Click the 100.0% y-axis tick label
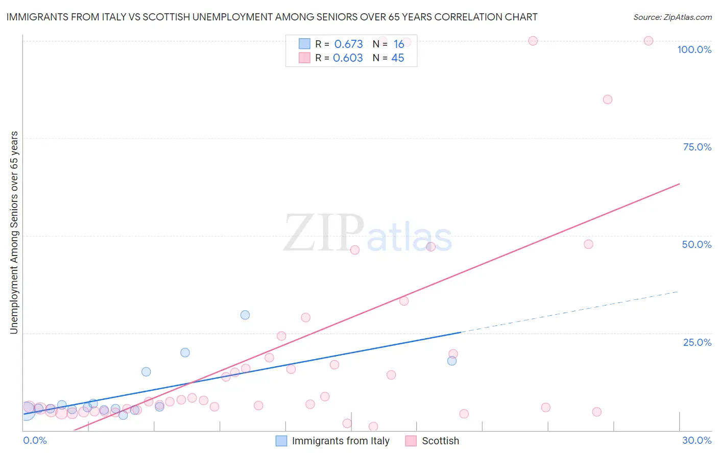[694, 49]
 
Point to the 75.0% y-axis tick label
[697, 147]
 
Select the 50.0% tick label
[697, 244]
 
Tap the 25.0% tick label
[697, 342]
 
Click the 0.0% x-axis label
[35, 440]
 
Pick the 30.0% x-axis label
[697, 440]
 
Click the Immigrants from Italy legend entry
[340, 441]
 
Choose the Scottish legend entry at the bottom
[440, 441]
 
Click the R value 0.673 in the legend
[348, 44]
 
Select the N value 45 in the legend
[397, 58]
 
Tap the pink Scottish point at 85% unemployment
[607, 99]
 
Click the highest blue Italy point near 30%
[245, 315]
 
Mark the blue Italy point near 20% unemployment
[185, 352]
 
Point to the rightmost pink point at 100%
[649, 41]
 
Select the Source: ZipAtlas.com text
[672, 17]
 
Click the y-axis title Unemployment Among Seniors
[14, 233]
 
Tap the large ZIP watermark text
[324, 233]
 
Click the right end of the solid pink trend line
[678, 184]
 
